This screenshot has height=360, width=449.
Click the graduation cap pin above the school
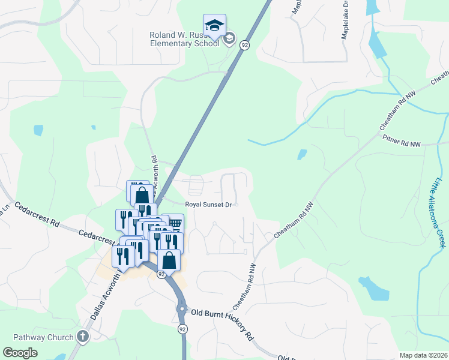coord(214,25)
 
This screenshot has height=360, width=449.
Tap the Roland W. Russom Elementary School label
coord(185,39)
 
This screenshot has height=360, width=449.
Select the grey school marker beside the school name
coord(229,40)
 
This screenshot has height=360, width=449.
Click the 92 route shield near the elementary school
coord(244,44)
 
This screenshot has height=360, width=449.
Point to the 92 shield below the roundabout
coord(181,329)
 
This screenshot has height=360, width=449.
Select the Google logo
coord(20,353)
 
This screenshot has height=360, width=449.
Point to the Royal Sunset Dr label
coord(208,205)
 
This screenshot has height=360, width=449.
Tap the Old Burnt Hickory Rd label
coord(221,323)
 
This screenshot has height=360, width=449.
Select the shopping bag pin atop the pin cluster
coord(142,194)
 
